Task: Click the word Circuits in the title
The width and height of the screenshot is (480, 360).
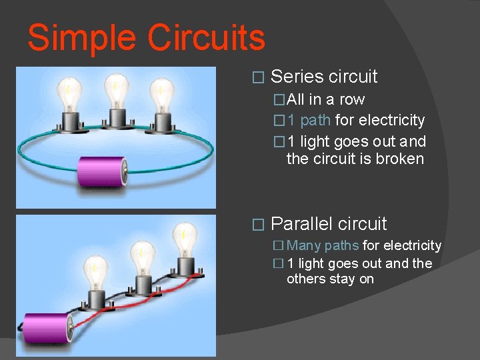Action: [x=206, y=38]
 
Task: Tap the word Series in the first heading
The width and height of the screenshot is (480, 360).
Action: [x=297, y=77]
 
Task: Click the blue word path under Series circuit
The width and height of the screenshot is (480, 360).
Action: [x=316, y=121]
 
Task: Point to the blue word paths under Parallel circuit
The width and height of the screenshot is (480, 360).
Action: [x=341, y=246]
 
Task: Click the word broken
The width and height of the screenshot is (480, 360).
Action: [x=400, y=159]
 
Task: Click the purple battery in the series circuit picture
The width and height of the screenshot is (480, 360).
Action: [x=103, y=172]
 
